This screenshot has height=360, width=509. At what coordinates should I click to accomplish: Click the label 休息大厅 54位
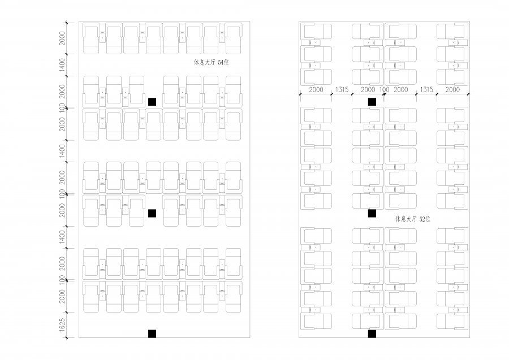point(212,62)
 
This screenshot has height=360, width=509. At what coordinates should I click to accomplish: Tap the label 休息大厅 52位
point(413,219)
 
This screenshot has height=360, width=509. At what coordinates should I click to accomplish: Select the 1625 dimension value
point(62,325)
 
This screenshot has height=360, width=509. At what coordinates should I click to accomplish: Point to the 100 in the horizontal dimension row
point(385,89)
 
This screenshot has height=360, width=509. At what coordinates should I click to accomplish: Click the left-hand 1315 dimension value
point(342,89)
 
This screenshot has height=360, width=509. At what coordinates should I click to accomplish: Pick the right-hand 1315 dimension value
point(426,89)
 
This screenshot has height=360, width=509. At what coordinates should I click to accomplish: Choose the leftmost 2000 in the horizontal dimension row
point(316,89)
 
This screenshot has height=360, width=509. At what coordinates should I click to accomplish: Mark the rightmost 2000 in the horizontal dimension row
point(452,89)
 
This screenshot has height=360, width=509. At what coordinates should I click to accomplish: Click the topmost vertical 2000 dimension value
point(62,38)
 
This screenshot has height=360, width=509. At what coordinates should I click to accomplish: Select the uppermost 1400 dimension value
point(62,65)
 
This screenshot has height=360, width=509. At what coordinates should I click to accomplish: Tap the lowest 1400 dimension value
point(62,237)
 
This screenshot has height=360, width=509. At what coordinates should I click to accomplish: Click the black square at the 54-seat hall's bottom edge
point(152,334)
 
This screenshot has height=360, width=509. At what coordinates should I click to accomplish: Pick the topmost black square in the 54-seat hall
point(152,102)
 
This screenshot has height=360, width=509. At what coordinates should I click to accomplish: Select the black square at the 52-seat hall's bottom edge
point(372,334)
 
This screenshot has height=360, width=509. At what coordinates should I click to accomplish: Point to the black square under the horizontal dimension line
point(372,102)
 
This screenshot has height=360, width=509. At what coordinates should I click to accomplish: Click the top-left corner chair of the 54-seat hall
point(91,38)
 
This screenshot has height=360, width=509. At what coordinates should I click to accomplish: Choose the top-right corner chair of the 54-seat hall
point(234,38)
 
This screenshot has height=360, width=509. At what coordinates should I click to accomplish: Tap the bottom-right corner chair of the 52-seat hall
point(452,321)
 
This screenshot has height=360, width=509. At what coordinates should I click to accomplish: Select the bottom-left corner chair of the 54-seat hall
point(91,297)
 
